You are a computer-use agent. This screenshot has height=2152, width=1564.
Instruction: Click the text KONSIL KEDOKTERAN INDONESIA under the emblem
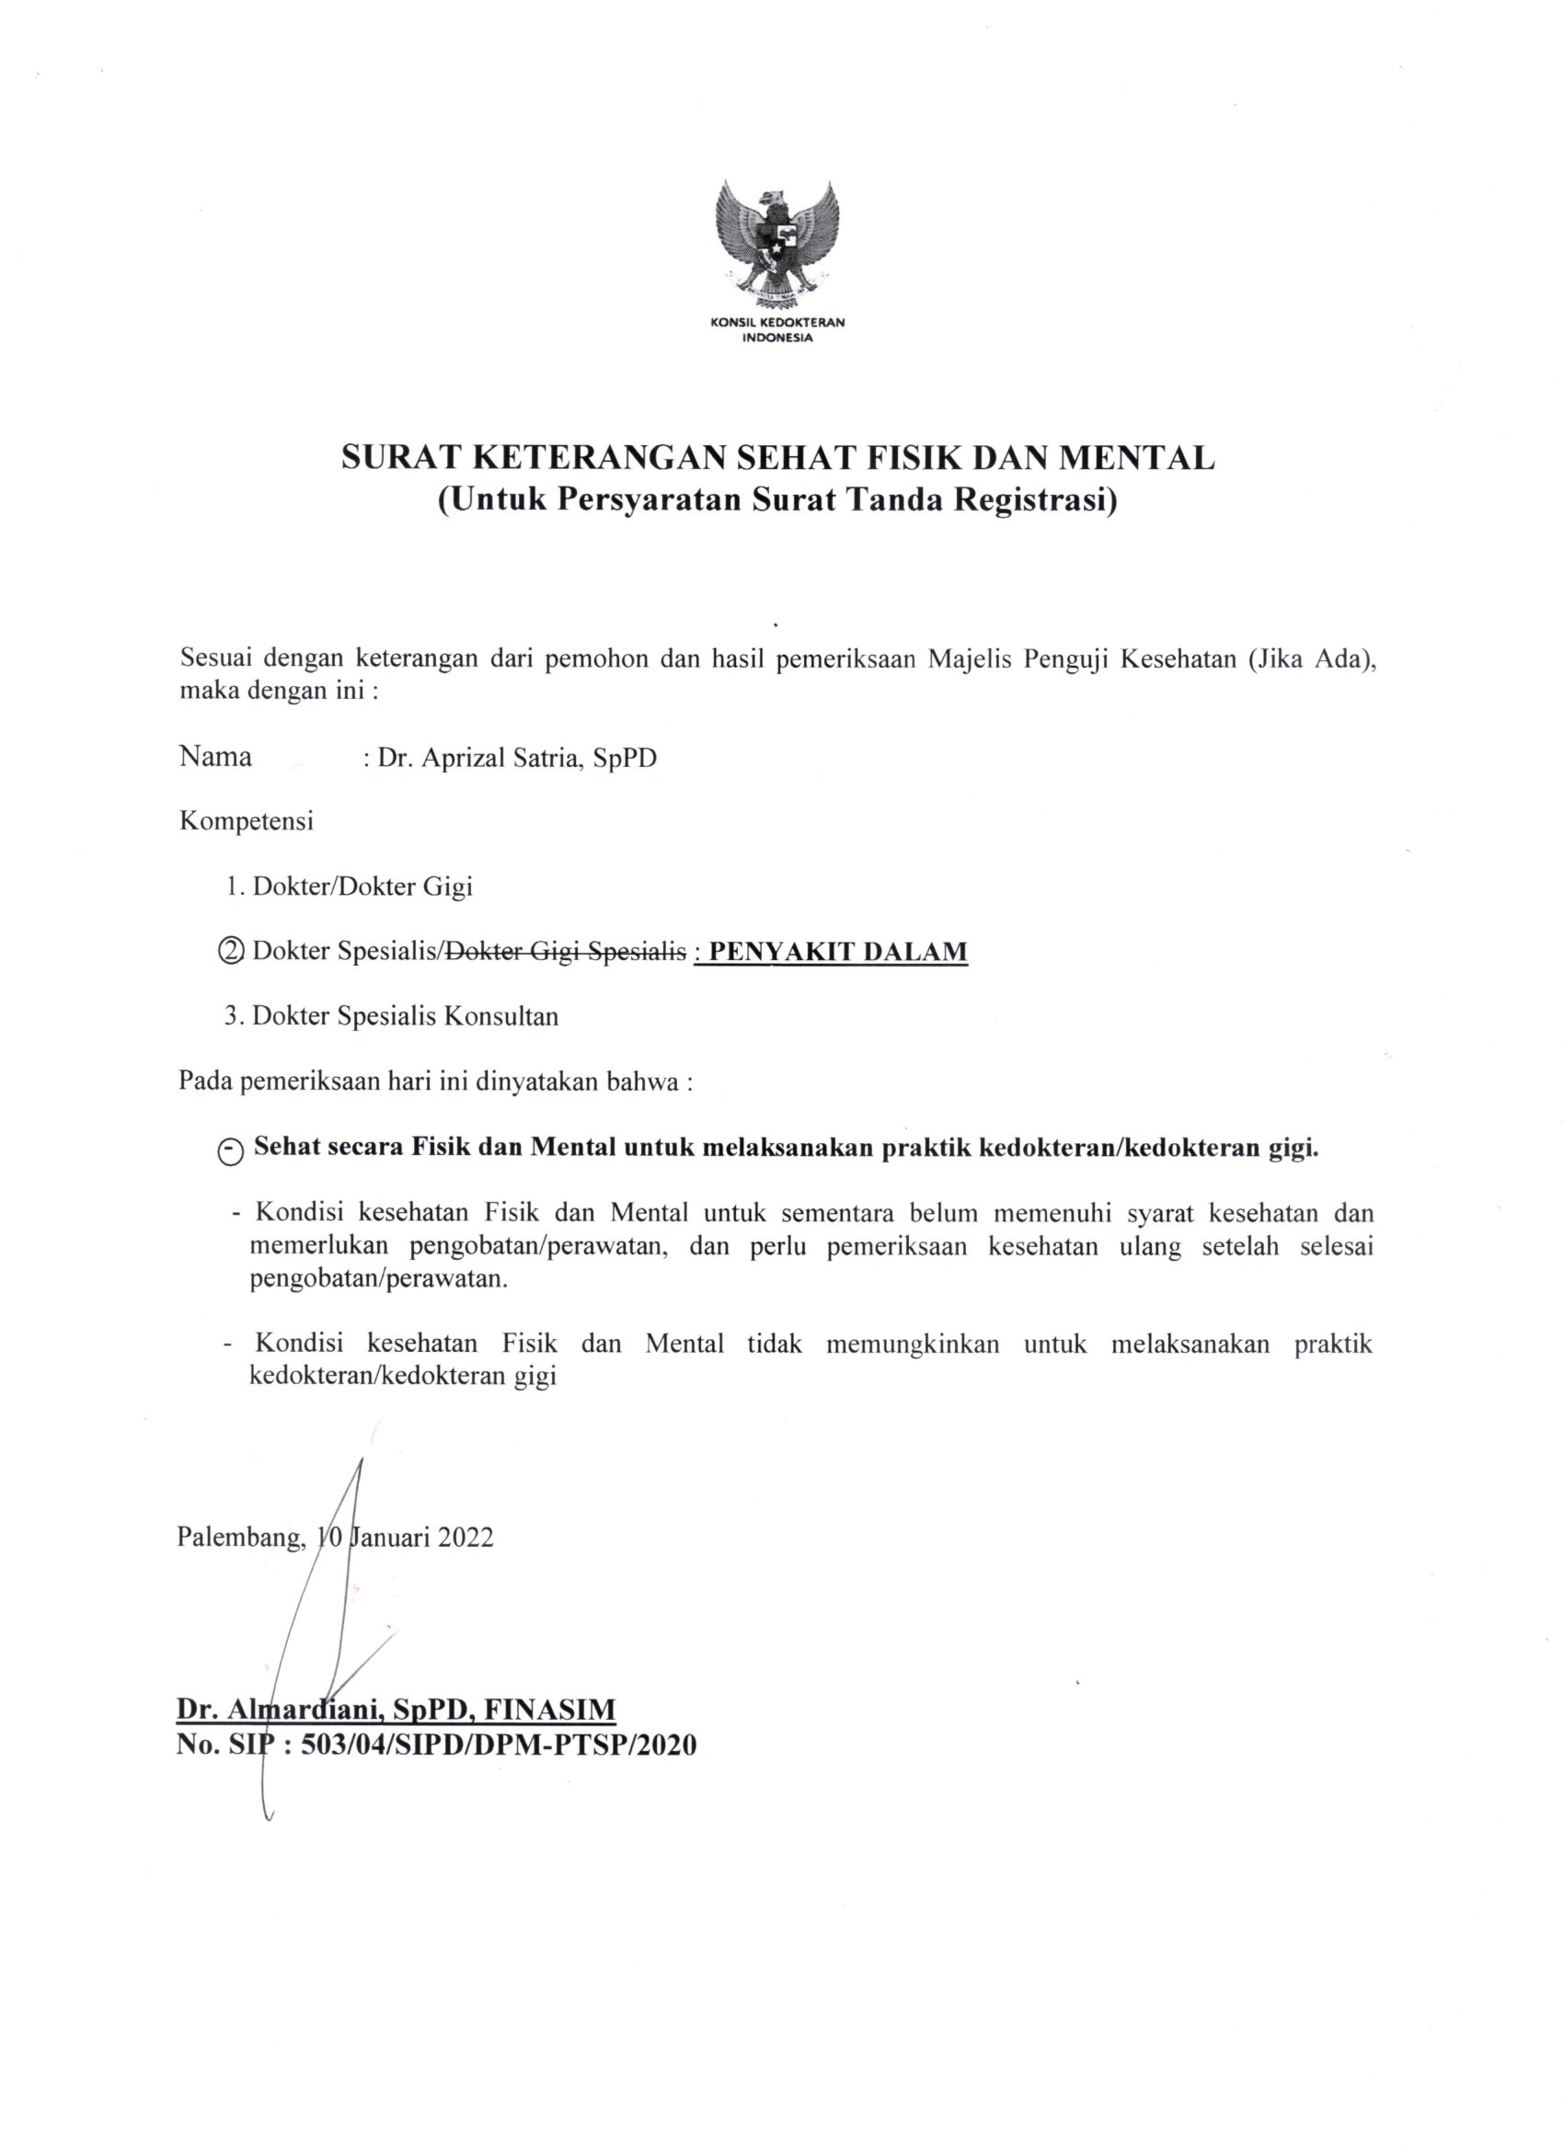point(777,329)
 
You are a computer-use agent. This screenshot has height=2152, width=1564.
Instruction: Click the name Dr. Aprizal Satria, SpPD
point(516,758)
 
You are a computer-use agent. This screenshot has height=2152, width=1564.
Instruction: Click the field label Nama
point(215,757)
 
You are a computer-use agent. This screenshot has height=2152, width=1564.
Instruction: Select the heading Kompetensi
point(246,821)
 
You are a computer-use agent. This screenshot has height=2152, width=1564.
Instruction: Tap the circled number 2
point(231,952)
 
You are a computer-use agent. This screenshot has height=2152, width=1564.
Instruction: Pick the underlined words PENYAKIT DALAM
point(838,951)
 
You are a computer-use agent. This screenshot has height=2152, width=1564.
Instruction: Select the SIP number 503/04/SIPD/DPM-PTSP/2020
point(499,1744)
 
